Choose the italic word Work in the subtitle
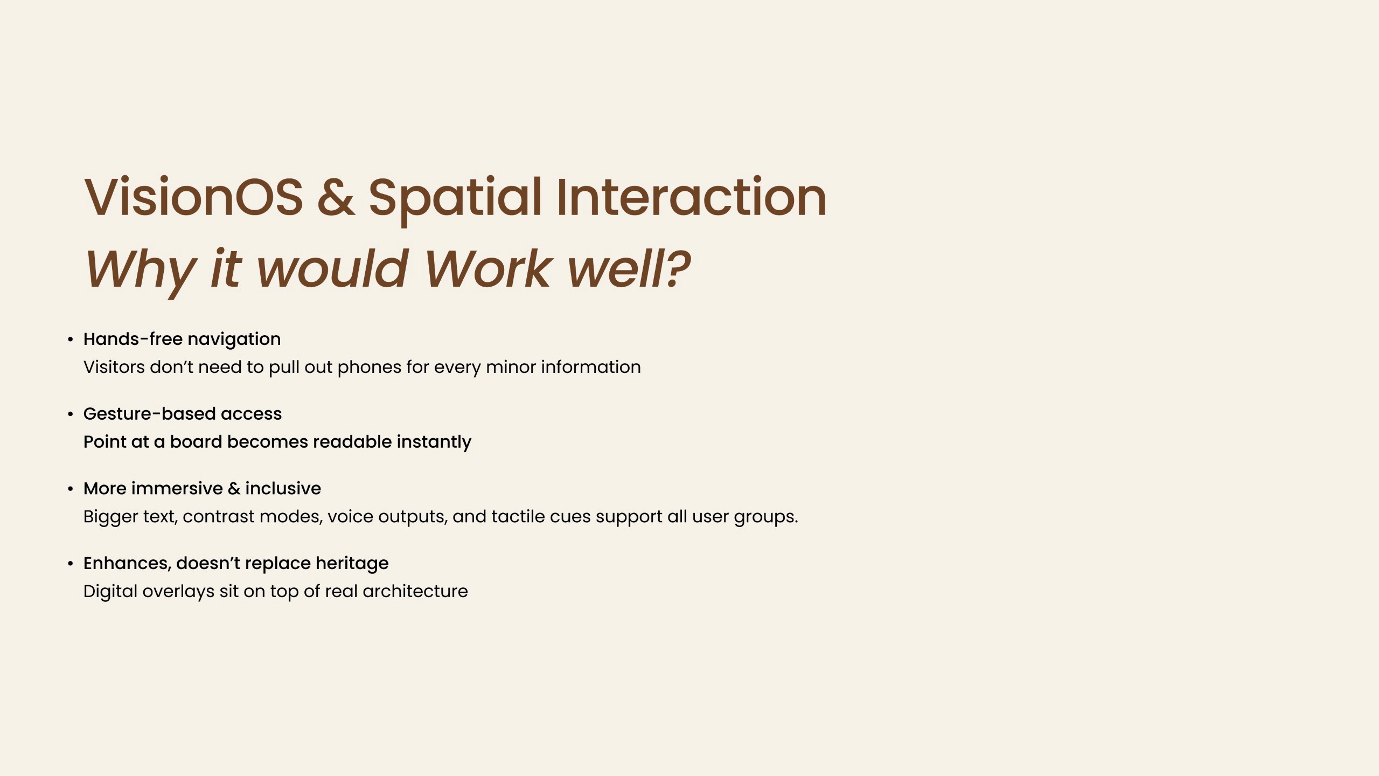tap(487, 268)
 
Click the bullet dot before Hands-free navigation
tap(70, 339)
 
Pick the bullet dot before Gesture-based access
tap(70, 414)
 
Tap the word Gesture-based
tap(149, 414)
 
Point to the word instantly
tap(434, 442)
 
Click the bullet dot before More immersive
tap(70, 489)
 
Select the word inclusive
tap(283, 488)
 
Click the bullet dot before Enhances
tap(70, 564)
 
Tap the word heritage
tap(352, 564)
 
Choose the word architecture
tap(415, 592)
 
